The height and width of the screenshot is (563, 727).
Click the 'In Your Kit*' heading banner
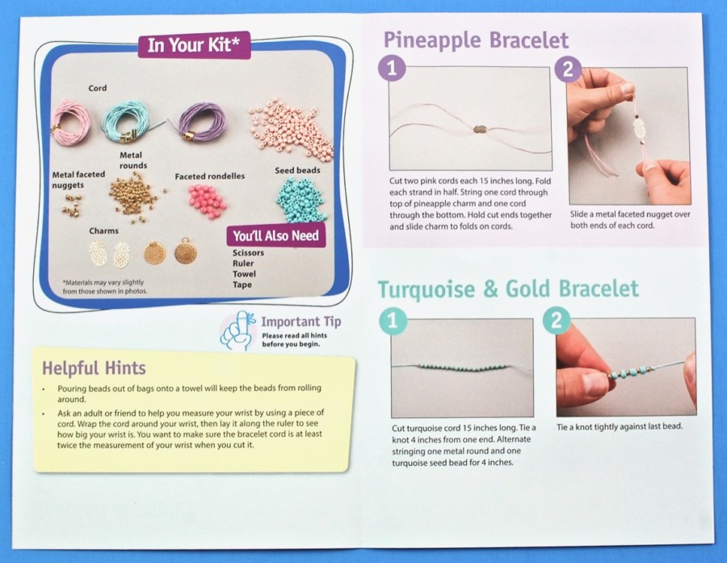pos(194,45)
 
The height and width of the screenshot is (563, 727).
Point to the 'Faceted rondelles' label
pos(209,176)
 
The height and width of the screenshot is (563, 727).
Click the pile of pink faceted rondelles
pos(208,197)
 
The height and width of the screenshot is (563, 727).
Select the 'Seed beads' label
pos(297,171)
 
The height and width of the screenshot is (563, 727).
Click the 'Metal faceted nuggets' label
pos(78,180)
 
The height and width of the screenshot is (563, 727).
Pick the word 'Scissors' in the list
pos(248,252)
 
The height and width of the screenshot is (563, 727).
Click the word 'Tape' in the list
pos(242,285)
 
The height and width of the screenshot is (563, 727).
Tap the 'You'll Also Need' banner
pos(276,235)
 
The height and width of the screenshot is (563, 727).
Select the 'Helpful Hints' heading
pos(95,368)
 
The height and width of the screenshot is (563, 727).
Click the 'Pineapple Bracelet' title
pos(476,40)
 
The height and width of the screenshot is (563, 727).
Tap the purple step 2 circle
pos(566,69)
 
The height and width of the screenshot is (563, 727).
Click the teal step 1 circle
pos(393,321)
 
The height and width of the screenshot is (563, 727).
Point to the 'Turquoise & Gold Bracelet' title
pos(508,289)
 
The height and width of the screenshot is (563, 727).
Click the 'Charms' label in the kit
pos(104,231)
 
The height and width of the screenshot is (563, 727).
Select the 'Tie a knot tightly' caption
pos(620,426)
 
